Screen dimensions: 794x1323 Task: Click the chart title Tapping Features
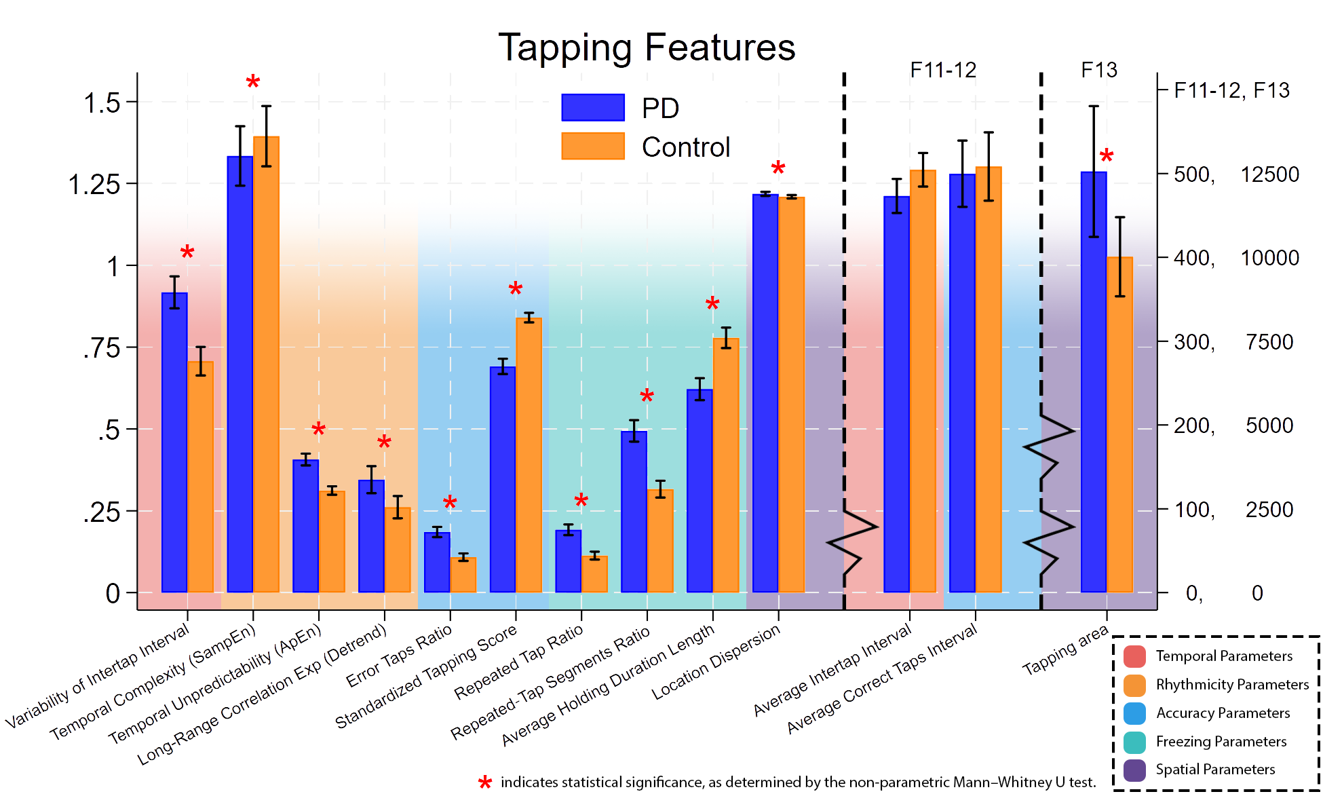[647, 48]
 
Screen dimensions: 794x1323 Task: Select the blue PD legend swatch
[593, 107]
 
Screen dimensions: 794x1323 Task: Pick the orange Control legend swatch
[593, 146]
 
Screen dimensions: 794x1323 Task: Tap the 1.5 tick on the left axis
[102, 103]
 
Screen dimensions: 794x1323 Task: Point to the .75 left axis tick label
[102, 349]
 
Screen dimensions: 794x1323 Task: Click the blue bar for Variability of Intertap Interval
[174, 441]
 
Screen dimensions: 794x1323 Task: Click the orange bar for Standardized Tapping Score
[529, 455]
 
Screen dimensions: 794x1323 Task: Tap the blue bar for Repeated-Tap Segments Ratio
[634, 512]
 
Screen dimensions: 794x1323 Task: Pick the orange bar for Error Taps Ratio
[463, 575]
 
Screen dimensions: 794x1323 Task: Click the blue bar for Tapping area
[1094, 380]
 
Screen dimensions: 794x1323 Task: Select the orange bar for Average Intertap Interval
[923, 380]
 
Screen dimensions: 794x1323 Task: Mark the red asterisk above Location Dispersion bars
[778, 168]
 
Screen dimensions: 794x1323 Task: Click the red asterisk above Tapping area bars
[1107, 157]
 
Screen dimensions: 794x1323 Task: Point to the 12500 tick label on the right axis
[1269, 174]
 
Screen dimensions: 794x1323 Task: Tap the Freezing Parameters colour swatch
[1134, 742]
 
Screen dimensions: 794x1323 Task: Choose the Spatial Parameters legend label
[1215, 770]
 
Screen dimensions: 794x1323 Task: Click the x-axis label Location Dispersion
[716, 662]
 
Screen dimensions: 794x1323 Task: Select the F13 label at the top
[1098, 70]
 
